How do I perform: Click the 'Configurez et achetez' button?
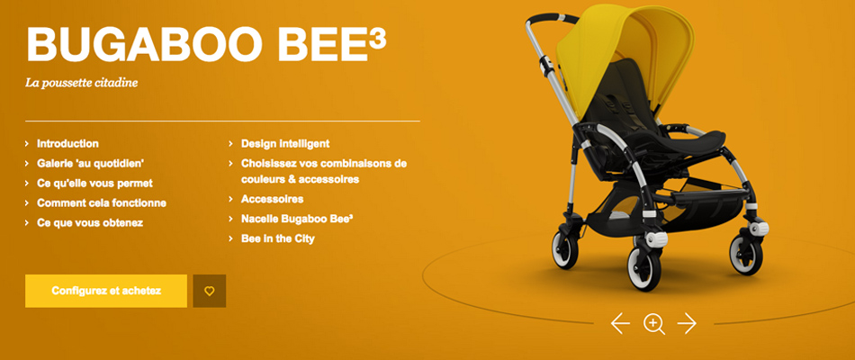click(106, 291)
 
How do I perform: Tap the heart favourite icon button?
click(210, 291)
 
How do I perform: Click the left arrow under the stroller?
click(620, 323)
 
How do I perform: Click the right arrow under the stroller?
click(687, 323)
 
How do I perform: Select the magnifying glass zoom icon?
click(653, 323)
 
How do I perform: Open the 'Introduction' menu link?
click(67, 144)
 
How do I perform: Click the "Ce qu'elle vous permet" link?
click(94, 184)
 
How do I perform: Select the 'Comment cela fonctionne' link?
click(102, 202)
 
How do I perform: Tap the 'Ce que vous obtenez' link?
click(90, 222)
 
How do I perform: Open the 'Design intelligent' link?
click(285, 144)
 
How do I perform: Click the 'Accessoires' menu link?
click(272, 199)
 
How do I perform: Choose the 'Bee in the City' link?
click(277, 238)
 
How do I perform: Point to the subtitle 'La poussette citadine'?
click(81, 84)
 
